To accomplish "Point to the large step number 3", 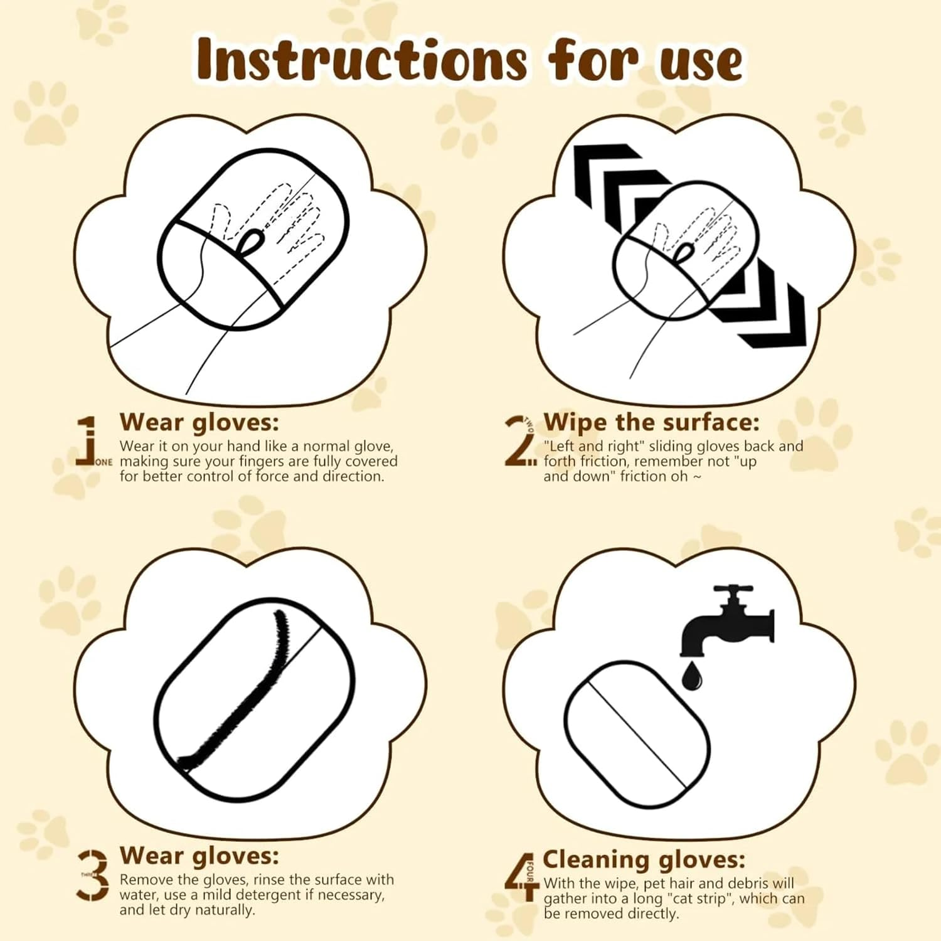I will (93, 875).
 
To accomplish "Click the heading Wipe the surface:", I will (651, 422).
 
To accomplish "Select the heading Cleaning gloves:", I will (644, 859).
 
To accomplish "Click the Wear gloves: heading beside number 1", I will (199, 422).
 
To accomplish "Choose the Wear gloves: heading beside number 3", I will (199, 856).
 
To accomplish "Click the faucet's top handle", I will (732, 590).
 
